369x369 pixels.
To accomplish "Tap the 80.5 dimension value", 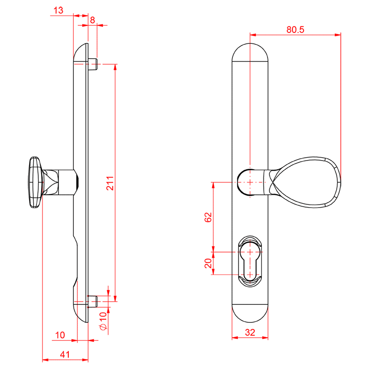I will pos(295,30).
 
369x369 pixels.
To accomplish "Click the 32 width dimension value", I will pos(250,332).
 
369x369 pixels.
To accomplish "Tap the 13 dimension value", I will pos(59,10).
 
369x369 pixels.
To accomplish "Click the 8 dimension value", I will pos(92,20).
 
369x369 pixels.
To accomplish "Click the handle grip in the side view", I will pos(35,183).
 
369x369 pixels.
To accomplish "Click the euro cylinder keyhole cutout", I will pos(250,261).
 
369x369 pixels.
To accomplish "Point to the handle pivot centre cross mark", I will pos(250,182).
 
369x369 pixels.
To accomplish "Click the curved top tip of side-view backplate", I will pos(82,48).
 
